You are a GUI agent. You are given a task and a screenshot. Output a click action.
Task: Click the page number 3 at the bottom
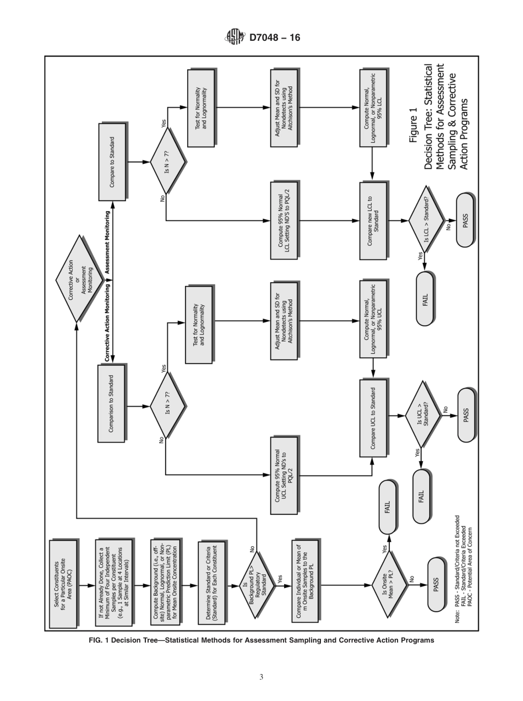[x=261, y=677]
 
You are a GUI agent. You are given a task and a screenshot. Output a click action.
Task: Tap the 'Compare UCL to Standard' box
[x=374, y=417]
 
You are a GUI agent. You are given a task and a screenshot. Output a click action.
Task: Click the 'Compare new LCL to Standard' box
[x=374, y=220]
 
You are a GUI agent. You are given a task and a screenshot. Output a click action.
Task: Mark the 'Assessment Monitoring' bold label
[x=108, y=242]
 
